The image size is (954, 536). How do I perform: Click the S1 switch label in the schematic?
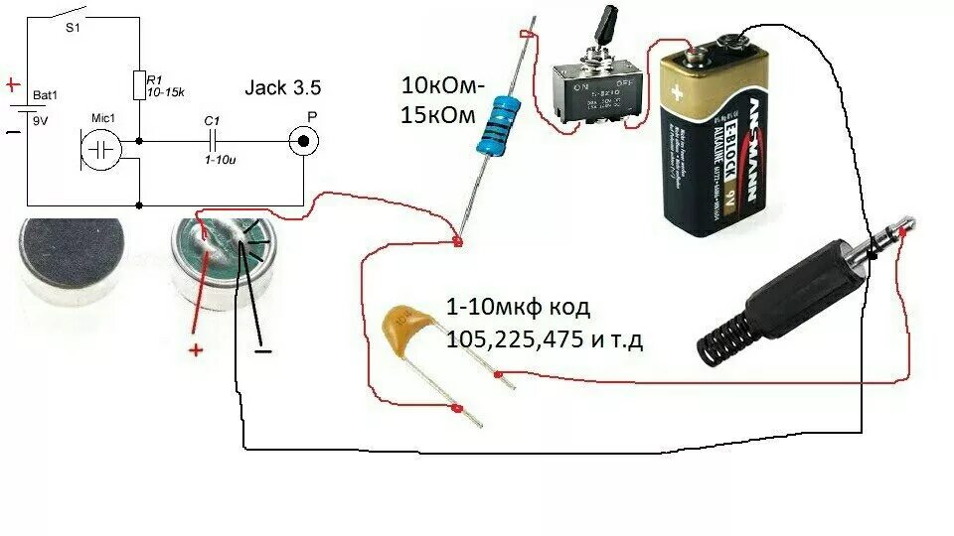(x=73, y=28)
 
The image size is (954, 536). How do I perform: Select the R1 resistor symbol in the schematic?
(x=139, y=85)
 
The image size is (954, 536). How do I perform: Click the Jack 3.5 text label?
(x=283, y=88)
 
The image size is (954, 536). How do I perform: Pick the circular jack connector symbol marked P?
(x=305, y=142)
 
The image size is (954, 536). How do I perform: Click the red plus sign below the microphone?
(x=196, y=349)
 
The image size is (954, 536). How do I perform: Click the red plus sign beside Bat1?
(x=13, y=84)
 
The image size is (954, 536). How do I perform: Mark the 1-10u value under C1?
(x=218, y=159)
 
